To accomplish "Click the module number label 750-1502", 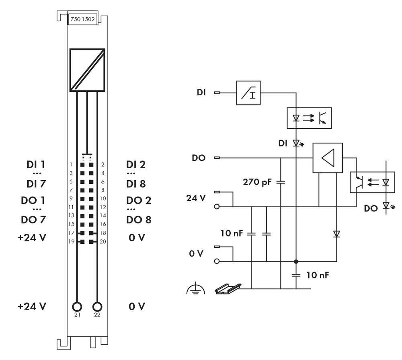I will pyautogui.click(x=82, y=19).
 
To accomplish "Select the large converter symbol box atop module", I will pyautogui.click(x=87, y=70).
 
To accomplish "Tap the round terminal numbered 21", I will pyautogui.click(x=77, y=307).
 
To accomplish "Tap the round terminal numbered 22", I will pyautogui.click(x=97, y=307).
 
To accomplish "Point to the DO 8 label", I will pyautogui.click(x=139, y=220).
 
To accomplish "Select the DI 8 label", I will pyautogui.click(x=136, y=184).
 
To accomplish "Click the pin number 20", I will pyautogui.click(x=103, y=242).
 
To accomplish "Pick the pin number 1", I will pyautogui.click(x=71, y=165).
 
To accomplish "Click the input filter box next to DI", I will pyautogui.click(x=248, y=93).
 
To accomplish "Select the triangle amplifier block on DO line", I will pyautogui.click(x=328, y=158).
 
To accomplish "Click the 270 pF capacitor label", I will pyautogui.click(x=257, y=182).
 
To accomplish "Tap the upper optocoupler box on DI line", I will pyautogui.click(x=309, y=118).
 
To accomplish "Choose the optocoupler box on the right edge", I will pyautogui.click(x=372, y=182).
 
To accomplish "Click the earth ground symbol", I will pyautogui.click(x=196, y=289).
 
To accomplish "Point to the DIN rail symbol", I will pyautogui.click(x=228, y=288).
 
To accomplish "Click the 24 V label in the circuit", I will pyautogui.click(x=196, y=198).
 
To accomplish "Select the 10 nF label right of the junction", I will pyautogui.click(x=318, y=275).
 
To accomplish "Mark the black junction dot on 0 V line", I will pyautogui.click(x=296, y=261).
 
